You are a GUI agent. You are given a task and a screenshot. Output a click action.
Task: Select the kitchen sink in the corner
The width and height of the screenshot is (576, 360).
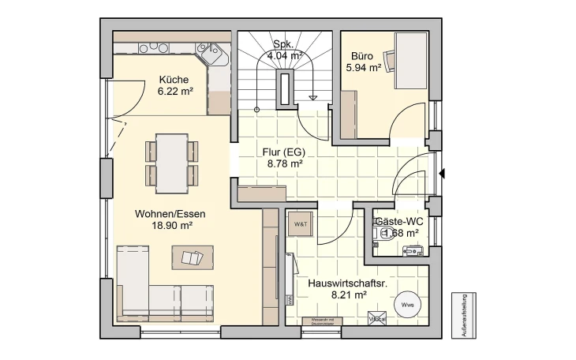(211, 55)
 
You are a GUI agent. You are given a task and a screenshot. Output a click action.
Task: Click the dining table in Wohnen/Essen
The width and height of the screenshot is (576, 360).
(171, 163)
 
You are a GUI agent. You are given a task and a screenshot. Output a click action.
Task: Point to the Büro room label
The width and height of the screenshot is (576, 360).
(363, 56)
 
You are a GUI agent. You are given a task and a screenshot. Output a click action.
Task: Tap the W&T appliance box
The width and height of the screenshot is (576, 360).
(301, 224)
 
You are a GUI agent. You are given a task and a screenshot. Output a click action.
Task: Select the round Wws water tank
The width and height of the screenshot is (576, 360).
(407, 305)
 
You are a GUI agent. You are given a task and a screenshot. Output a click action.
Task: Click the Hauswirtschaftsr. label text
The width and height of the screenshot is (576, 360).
(338, 282)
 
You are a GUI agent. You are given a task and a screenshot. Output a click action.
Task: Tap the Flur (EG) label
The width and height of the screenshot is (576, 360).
(285, 152)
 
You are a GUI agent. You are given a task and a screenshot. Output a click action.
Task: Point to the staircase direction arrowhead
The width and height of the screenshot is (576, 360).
(313, 99)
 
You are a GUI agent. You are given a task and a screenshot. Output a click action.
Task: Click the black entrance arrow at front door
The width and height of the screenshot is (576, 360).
(442, 173)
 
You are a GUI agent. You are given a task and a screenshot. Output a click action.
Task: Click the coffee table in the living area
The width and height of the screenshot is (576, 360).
(193, 257)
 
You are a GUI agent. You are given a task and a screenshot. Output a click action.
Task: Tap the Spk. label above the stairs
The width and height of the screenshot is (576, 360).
(284, 44)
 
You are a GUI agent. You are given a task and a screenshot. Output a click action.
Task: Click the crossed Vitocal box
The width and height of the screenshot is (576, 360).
(376, 318)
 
